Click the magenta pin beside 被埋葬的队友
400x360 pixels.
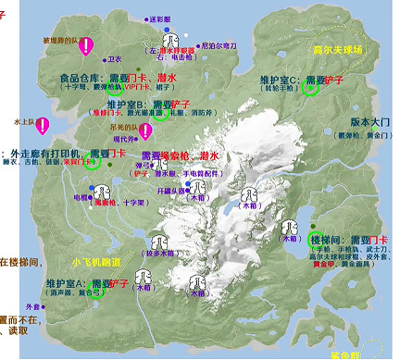tap(86, 45)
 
